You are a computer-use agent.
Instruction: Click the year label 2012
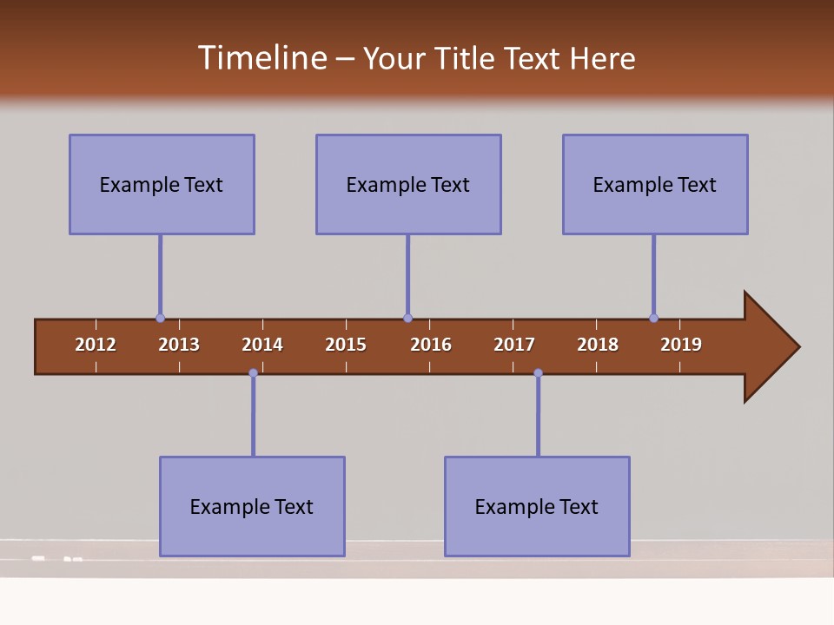coord(96,345)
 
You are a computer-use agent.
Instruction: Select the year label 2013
coord(179,345)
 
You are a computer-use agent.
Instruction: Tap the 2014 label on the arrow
coord(262,345)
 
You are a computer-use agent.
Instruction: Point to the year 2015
coord(346,345)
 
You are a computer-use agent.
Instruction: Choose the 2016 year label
coord(431,345)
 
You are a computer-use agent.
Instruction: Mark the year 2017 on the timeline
coord(514,345)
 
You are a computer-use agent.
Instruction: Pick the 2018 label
coord(598,345)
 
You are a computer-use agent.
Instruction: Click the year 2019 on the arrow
coord(681,345)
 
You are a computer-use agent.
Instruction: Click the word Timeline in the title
coord(261,58)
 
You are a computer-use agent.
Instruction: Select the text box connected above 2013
coord(162,184)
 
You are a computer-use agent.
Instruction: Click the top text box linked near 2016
coord(408,184)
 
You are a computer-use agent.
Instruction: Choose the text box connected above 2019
coord(655,184)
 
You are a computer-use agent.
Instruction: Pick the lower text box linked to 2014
coord(252,506)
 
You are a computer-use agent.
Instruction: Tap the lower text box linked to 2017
coord(537,506)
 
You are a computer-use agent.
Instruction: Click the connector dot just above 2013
coord(160,319)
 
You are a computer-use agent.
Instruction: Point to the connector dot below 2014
coord(253,373)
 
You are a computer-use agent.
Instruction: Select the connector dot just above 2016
coord(407,319)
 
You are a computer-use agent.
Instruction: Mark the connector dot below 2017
coord(538,373)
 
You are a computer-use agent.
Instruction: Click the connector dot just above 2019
coord(653,319)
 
